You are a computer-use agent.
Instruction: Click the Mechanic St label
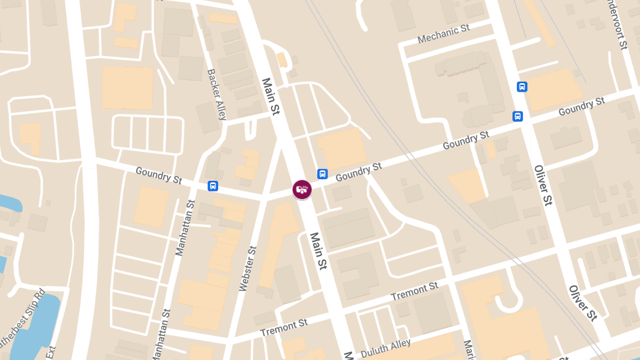443,35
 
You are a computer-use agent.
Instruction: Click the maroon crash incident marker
302,189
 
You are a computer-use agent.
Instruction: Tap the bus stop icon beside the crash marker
322,174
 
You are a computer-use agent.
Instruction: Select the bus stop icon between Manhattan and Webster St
213,186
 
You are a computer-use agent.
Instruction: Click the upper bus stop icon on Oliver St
522,86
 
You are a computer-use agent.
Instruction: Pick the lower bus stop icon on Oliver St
517,116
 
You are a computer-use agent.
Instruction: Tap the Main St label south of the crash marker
318,251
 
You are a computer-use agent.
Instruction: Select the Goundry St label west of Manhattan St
159,175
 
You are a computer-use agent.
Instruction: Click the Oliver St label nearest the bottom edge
582,303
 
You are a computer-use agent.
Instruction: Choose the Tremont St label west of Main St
284,328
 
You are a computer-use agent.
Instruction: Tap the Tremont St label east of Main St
414,291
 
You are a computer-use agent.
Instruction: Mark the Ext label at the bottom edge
51,351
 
